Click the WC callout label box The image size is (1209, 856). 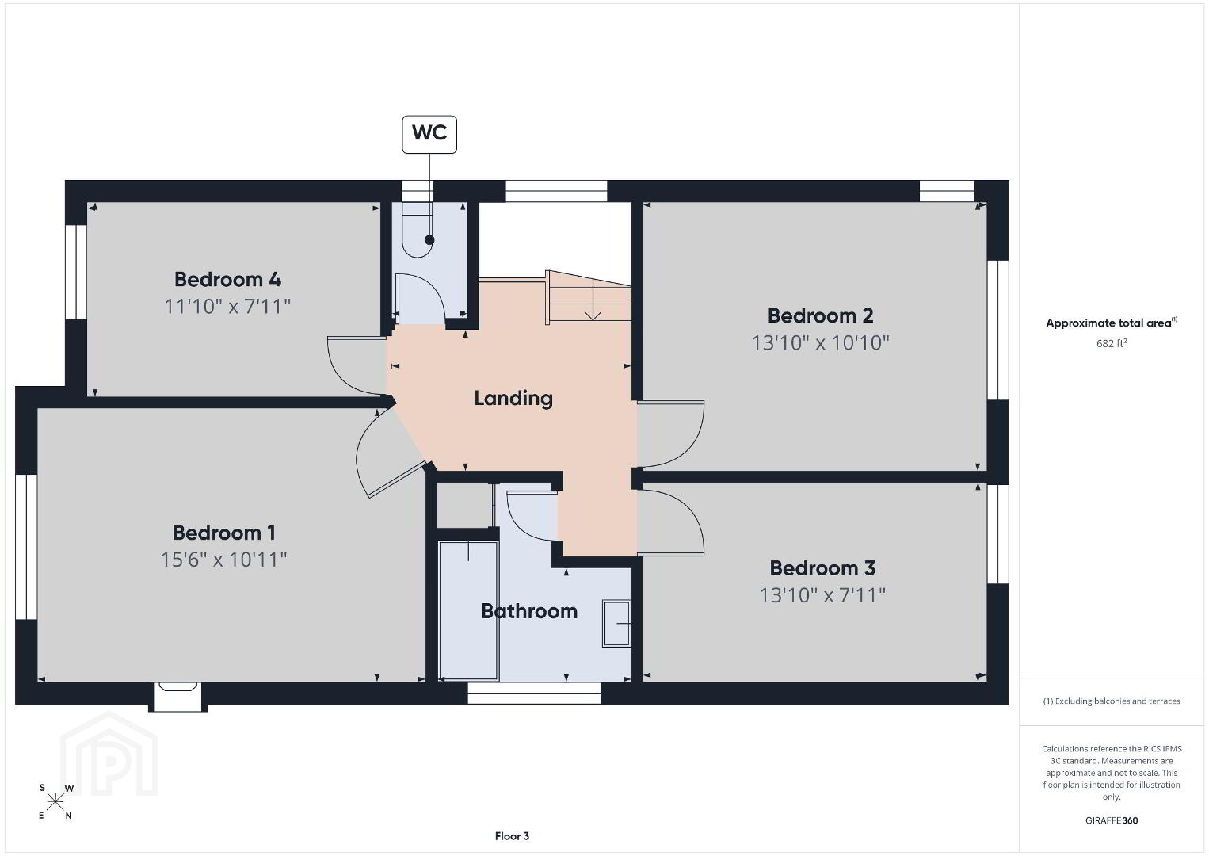429,135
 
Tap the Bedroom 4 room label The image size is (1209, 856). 227,279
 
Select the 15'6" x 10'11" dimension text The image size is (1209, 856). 223,560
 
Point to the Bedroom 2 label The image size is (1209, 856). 821,315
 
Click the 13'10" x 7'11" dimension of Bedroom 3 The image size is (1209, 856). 822,595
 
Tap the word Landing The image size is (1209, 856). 513,399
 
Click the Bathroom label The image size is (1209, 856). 529,611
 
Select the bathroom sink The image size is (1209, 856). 616,623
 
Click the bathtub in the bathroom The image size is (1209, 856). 468,610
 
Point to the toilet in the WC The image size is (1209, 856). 418,230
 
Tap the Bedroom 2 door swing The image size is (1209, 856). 670,434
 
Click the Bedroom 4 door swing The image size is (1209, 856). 357,365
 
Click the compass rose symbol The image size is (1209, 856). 55,802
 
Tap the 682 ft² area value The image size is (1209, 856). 1112,343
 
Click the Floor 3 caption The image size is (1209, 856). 512,836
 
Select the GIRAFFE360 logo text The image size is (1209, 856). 1112,820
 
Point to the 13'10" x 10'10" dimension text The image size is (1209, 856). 821,343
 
